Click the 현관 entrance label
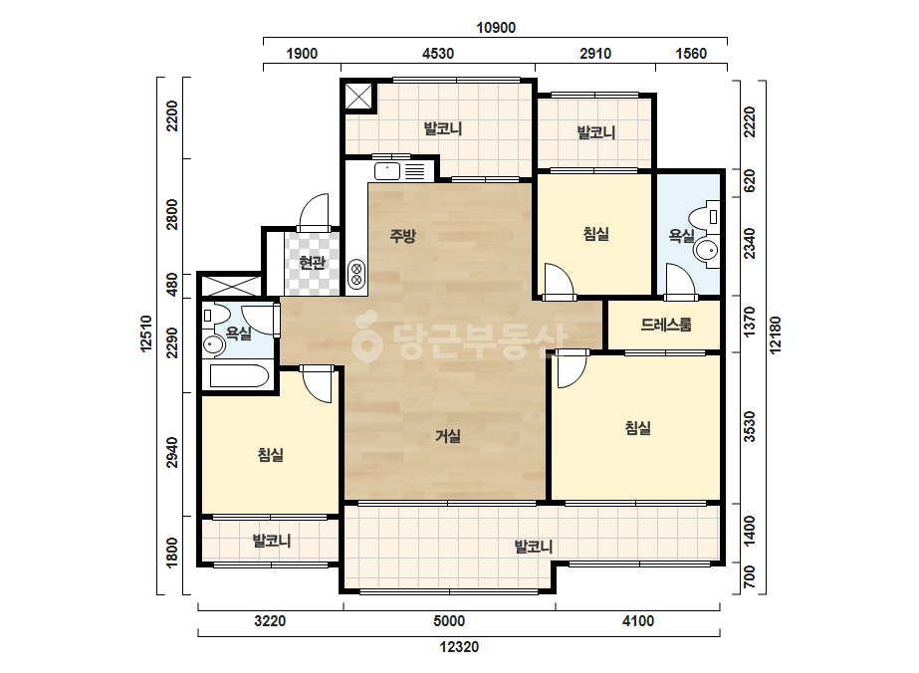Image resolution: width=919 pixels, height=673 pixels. (312, 262)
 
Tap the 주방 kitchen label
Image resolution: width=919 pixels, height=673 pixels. (402, 236)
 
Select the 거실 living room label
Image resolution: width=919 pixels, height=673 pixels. (448, 436)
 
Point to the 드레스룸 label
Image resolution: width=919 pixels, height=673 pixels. (666, 325)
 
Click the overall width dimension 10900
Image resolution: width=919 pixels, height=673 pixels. (496, 28)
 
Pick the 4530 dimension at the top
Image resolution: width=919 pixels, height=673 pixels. (438, 54)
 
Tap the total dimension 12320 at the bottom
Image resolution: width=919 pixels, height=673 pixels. (460, 647)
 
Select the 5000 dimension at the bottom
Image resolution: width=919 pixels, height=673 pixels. (449, 621)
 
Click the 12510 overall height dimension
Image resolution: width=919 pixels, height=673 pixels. (146, 335)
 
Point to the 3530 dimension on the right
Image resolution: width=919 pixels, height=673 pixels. (749, 427)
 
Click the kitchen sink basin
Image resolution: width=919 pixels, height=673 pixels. (387, 171)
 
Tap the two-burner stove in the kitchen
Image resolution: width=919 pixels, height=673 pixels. (355, 275)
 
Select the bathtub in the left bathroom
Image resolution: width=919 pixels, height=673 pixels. (239, 376)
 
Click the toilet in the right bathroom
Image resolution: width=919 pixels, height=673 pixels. (705, 217)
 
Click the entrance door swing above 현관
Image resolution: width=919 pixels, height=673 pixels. (315, 213)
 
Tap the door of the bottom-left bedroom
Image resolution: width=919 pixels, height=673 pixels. (317, 385)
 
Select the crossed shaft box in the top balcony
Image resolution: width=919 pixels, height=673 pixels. (358, 97)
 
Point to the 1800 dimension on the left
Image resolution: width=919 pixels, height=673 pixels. (171, 553)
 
